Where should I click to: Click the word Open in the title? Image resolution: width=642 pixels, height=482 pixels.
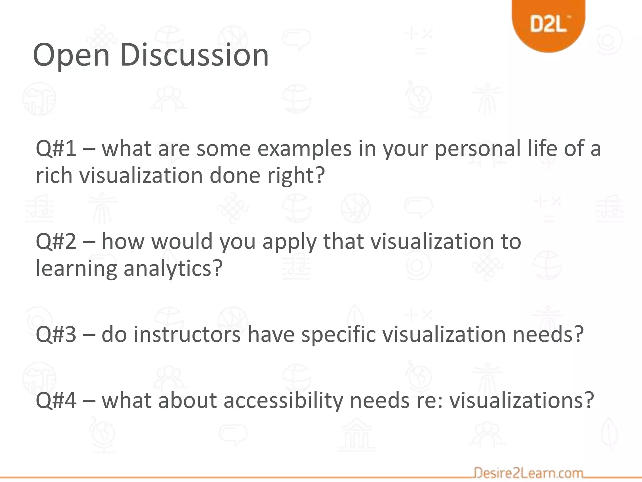point(71,55)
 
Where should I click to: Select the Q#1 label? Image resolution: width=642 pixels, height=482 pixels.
point(56,148)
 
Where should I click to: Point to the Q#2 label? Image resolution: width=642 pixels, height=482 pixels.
point(56,241)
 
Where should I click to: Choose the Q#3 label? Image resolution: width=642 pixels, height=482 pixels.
point(56,334)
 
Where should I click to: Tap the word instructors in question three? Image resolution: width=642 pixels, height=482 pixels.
point(187,334)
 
